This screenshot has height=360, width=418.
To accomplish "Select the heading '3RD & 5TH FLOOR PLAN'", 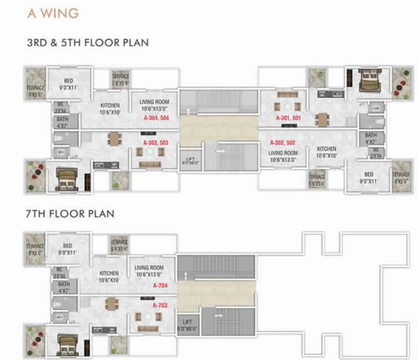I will (x=87, y=43).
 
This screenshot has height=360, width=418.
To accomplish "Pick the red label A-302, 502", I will (x=284, y=142).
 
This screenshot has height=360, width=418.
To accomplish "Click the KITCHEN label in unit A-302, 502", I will (x=327, y=152).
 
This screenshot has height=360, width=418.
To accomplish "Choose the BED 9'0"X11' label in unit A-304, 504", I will (x=68, y=85).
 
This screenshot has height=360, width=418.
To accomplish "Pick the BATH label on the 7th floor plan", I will (x=63, y=288).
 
